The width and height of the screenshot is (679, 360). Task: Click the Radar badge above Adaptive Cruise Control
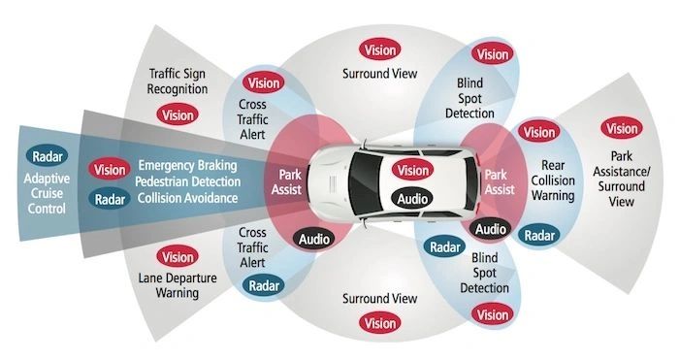tap(48, 157)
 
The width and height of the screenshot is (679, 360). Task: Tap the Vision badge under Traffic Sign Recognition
tap(178, 115)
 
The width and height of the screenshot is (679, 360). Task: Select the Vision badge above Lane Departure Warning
tap(178, 257)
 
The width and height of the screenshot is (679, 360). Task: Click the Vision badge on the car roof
tap(410, 171)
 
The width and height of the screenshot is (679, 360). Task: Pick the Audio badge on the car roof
tap(410, 198)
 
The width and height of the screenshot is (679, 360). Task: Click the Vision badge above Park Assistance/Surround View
tap(621, 128)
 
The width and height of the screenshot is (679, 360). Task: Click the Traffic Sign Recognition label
tap(178, 82)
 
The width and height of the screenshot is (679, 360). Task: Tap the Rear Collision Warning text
tap(554, 180)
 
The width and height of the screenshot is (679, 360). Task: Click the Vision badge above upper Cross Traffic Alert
tap(264, 82)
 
